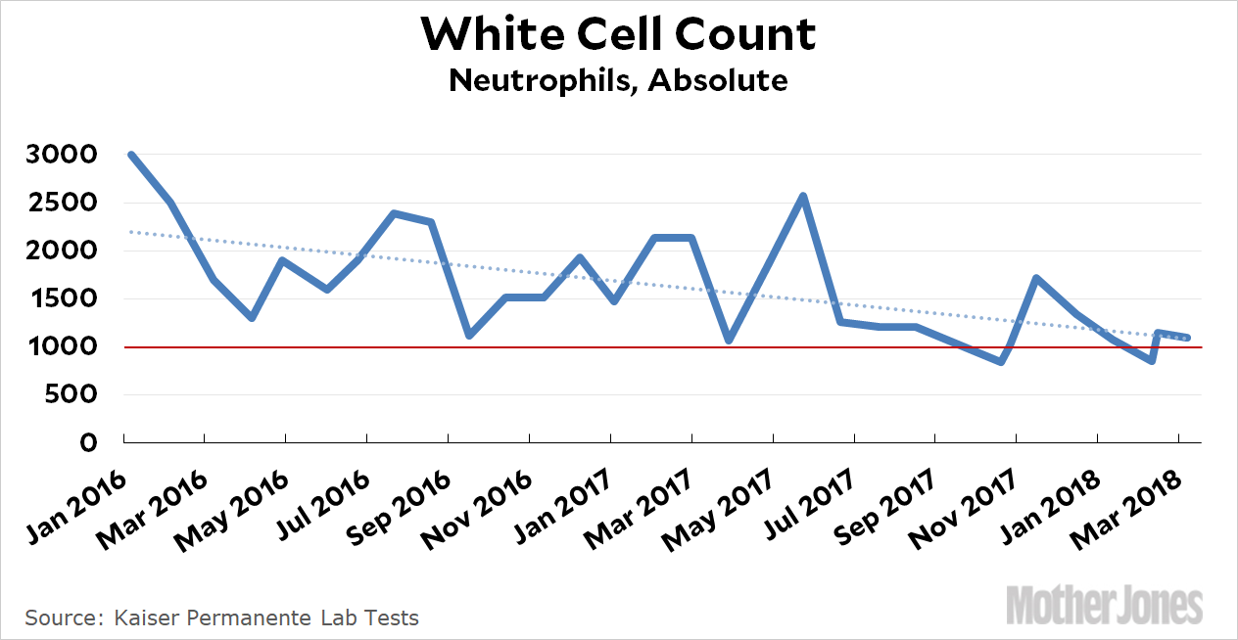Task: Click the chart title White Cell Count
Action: click(x=618, y=35)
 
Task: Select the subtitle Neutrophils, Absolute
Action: click(x=618, y=80)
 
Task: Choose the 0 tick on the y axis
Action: click(x=89, y=443)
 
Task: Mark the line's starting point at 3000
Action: click(x=130, y=155)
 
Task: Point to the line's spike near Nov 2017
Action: click(x=1035, y=278)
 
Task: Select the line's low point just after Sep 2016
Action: click(x=470, y=336)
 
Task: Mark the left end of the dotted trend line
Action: click(x=130, y=232)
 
